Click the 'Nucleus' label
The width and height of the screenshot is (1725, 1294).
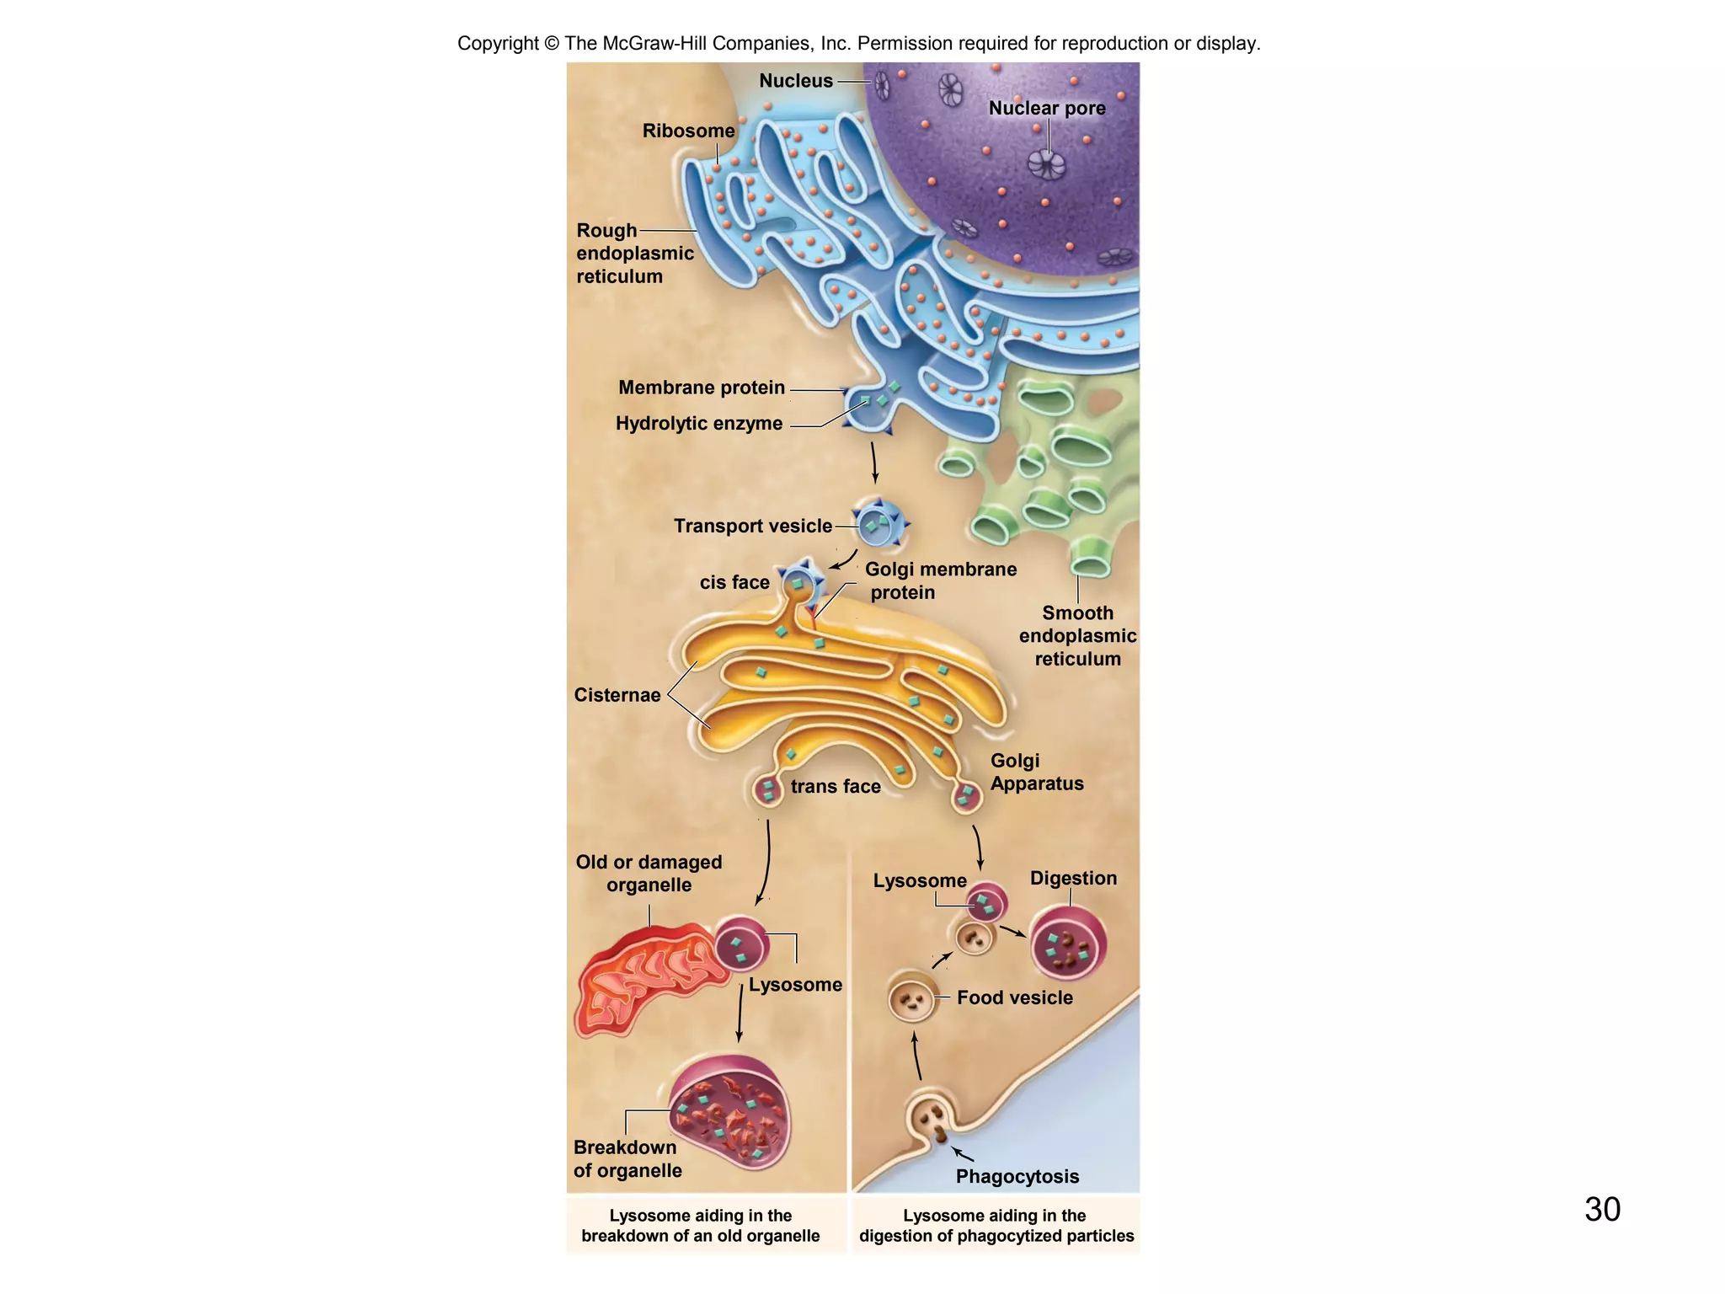[795, 81]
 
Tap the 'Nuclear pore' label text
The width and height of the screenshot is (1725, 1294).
[1046, 108]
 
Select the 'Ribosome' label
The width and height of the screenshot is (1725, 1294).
[688, 131]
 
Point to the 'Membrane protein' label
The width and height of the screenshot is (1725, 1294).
[701, 388]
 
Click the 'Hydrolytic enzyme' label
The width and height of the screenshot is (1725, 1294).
[698, 423]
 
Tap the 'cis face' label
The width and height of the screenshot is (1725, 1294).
[734, 582]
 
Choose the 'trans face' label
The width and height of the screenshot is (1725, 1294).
[835, 786]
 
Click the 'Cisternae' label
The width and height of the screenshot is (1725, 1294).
[617, 695]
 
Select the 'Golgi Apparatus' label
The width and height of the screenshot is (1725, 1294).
[1036, 772]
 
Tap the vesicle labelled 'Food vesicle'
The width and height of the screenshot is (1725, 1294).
[913, 1000]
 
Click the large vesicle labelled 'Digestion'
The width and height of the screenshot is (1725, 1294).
[1068, 944]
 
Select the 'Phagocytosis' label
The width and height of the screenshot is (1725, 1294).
[1017, 1176]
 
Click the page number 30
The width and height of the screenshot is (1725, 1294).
[1602, 1209]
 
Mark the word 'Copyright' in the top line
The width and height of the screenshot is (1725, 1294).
[497, 43]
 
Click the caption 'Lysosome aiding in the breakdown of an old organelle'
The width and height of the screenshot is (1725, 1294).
[700, 1226]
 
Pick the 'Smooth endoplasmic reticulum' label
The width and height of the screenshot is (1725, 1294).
[1077, 636]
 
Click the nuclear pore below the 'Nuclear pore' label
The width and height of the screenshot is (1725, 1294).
[1047, 163]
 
